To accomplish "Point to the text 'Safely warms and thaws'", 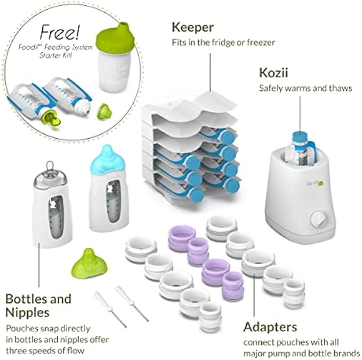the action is click(305, 88).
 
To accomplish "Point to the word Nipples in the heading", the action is click(26, 313).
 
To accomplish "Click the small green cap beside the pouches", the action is click(103, 113).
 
